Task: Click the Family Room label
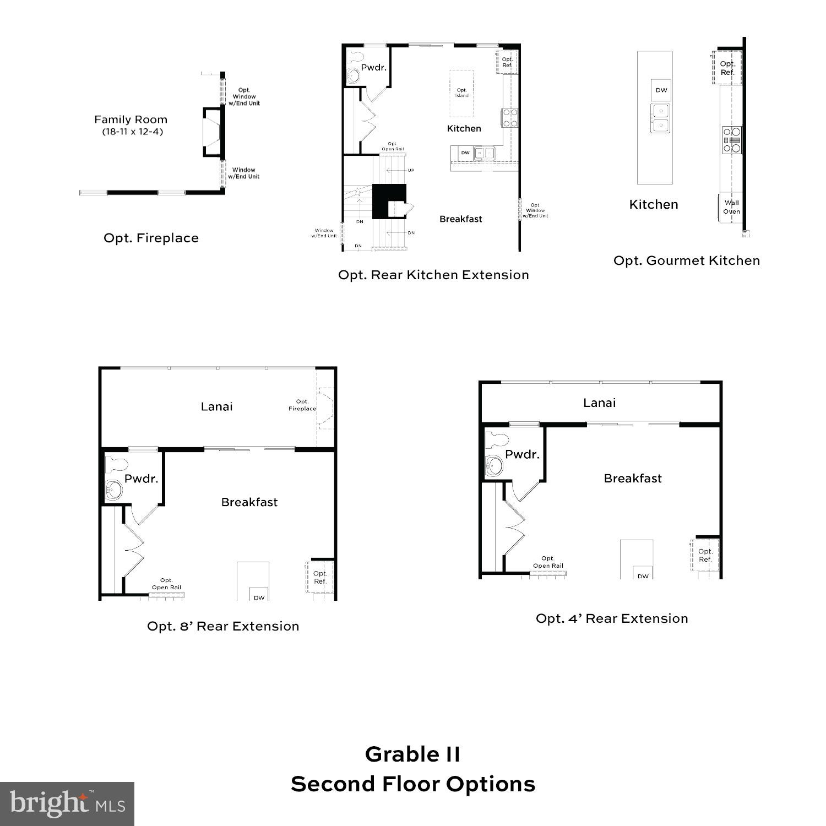pos(131,119)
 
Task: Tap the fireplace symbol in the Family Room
pos(213,132)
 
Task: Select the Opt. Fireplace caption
pos(151,238)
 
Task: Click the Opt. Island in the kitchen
pos(461,93)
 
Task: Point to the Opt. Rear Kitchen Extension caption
pos(433,275)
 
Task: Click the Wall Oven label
pos(731,207)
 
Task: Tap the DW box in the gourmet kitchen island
pos(661,90)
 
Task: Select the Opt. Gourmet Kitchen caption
pos(687,260)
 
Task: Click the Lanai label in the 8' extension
pos(216,407)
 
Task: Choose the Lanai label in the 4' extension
pos(599,403)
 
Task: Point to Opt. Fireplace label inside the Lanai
pos(302,405)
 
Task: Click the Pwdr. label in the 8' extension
pos(141,479)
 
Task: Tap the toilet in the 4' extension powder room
pos(499,441)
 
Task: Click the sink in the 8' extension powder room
pos(114,490)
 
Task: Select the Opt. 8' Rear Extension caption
pos(223,626)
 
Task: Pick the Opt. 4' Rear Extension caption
pos(612,618)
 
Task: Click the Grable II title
pos(412,754)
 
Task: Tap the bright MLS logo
pos(67,803)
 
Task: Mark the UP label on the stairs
pos(411,170)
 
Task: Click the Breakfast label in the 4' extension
pos(633,479)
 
